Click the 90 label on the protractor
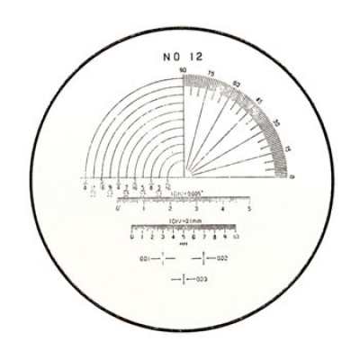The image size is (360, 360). [x=183, y=70]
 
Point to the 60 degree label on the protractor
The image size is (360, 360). [x=238, y=84]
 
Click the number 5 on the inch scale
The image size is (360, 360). [x=248, y=208]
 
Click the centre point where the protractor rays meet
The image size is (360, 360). [x=185, y=174]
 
